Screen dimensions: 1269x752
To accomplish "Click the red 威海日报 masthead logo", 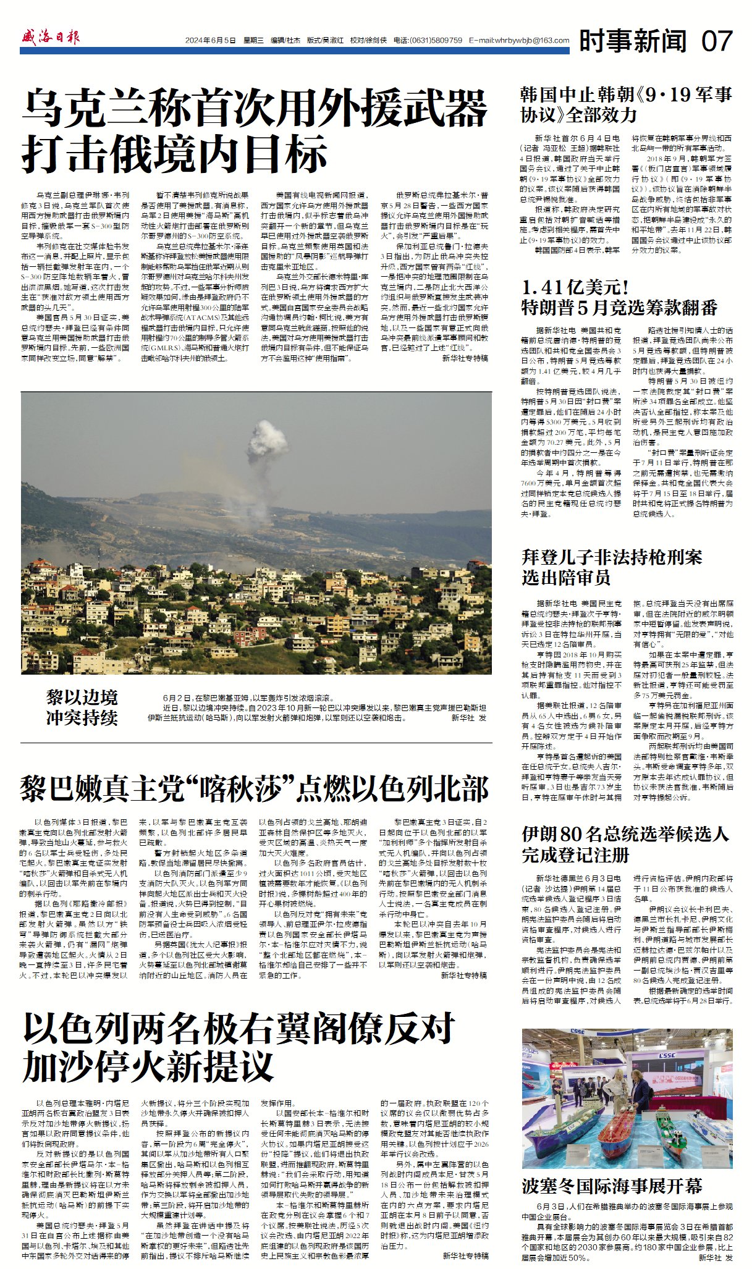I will pos(50,38).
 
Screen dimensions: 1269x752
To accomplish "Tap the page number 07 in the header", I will pos(717,41).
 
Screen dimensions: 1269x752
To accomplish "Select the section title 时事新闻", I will pos(633,41).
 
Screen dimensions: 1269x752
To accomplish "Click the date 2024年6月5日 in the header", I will pos(211,41).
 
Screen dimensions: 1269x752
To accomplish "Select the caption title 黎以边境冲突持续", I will pos(82,708).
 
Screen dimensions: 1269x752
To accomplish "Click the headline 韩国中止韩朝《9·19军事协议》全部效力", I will pos(626,104).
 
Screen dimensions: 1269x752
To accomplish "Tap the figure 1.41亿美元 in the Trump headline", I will pos(575,287).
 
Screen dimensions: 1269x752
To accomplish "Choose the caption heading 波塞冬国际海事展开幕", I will pos(612,1186).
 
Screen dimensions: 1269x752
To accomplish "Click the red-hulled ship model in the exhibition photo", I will pos(625,1121).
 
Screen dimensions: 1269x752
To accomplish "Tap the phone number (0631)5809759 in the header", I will pos(436,41).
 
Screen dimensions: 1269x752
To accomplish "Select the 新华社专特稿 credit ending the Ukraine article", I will pos(465,358).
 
